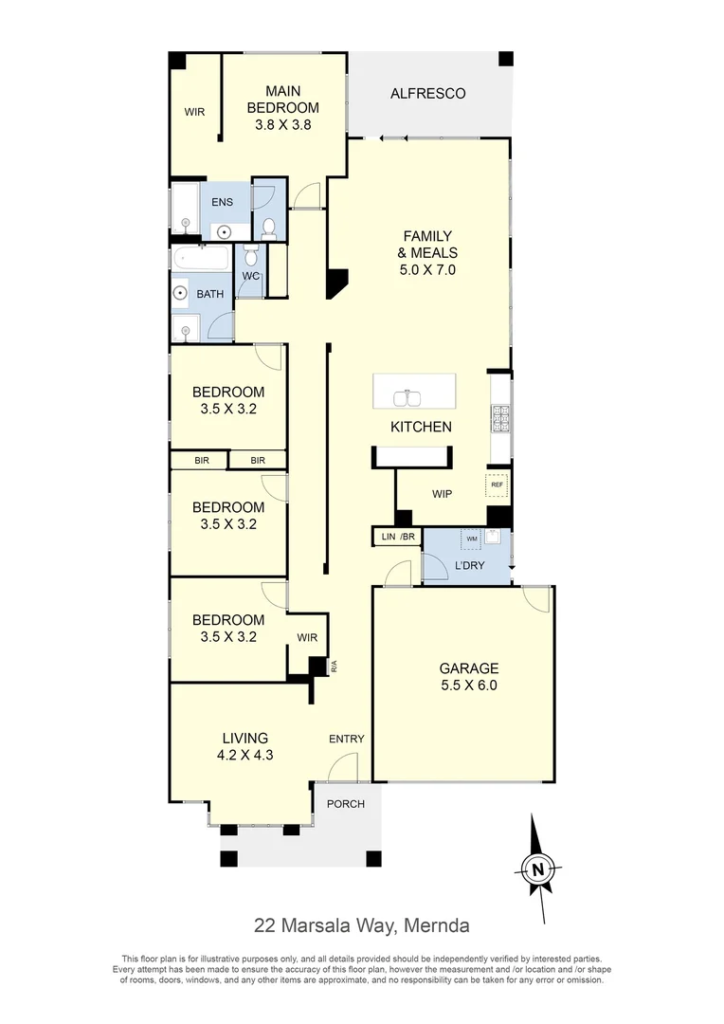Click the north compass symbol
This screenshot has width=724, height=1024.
tap(537, 868)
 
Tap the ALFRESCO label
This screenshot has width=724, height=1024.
tap(428, 93)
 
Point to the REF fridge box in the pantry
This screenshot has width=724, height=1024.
tap(497, 485)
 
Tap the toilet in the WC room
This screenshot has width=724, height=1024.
tap(250, 256)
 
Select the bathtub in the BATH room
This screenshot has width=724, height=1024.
tap(201, 259)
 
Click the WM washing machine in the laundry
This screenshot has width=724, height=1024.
tap(471, 540)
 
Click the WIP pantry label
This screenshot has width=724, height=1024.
tap(443, 494)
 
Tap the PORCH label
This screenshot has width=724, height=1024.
tap(346, 804)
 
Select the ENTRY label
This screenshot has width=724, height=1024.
tap(346, 740)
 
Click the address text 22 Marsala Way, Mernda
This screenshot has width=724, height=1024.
tap(361, 924)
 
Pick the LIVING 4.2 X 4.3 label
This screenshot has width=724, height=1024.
tap(245, 746)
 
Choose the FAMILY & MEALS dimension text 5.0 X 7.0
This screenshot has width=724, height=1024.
tap(427, 269)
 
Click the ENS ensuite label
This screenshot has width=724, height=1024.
tap(223, 201)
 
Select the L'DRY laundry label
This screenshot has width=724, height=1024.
tap(471, 566)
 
